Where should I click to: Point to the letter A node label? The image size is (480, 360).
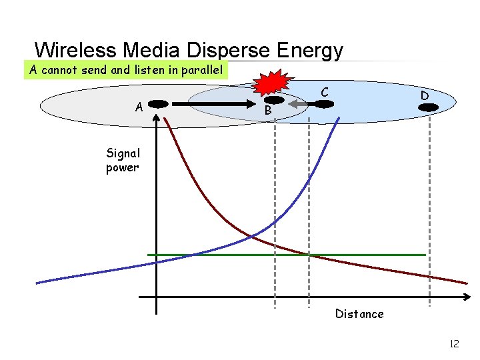[139, 106]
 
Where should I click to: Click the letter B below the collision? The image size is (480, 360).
[267, 110]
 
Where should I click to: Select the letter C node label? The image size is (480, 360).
[324, 91]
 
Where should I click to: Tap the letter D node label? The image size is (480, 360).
[424, 96]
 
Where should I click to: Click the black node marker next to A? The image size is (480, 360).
[157, 104]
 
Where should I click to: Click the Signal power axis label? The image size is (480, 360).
[123, 160]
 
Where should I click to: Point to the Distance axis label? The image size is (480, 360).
[359, 314]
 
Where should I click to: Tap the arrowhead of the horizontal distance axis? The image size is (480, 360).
[466, 297]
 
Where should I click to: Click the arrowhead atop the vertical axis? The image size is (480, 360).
[156, 117]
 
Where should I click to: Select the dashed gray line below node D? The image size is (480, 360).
[429, 213]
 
